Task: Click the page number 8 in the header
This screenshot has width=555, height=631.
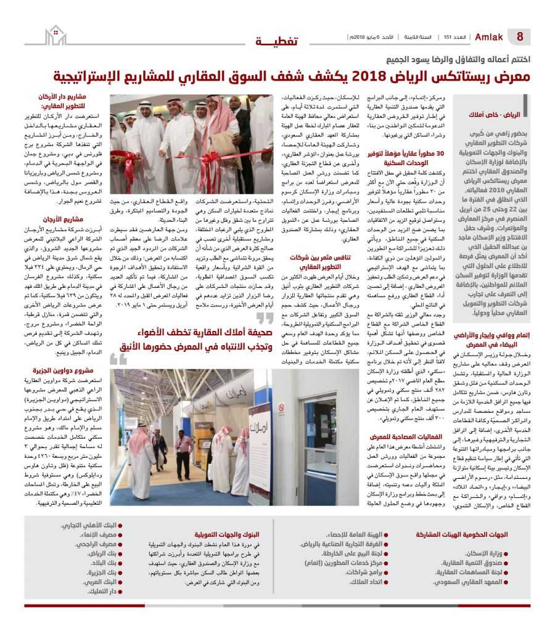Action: (x=520, y=37)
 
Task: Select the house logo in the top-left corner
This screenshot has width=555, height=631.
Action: (x=56, y=35)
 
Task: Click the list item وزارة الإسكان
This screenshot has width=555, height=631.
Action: (x=485, y=553)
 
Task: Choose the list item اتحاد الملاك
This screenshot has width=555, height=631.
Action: (x=365, y=582)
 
